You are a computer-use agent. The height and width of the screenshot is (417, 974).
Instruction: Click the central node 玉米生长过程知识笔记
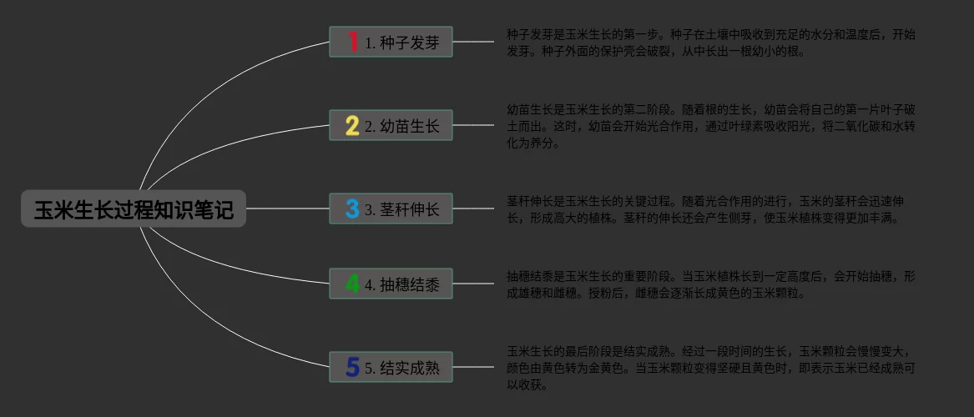click(134, 208)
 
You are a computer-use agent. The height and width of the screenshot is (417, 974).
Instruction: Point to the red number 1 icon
click(352, 42)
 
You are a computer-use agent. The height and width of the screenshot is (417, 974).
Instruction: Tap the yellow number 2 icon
click(352, 126)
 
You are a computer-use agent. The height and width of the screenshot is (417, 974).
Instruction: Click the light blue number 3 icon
click(352, 208)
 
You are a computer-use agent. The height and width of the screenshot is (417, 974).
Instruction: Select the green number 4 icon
click(352, 284)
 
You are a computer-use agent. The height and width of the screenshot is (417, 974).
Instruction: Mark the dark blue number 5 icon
click(352, 367)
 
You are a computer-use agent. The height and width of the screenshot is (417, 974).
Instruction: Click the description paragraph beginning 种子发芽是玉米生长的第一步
click(710, 43)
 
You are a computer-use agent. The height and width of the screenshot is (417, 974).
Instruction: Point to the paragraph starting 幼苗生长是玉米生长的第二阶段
click(710, 126)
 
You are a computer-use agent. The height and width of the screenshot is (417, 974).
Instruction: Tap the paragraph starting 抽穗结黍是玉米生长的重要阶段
click(710, 284)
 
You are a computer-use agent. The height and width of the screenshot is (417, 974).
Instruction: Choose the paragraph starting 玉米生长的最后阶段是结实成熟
click(710, 368)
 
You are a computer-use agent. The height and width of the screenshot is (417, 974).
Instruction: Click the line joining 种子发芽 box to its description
click(473, 42)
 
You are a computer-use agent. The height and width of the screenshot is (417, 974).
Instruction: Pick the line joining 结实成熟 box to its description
click(473, 367)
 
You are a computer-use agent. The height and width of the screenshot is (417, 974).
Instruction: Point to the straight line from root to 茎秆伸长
click(288, 208)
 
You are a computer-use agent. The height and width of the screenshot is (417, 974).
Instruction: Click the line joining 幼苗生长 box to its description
click(473, 126)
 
